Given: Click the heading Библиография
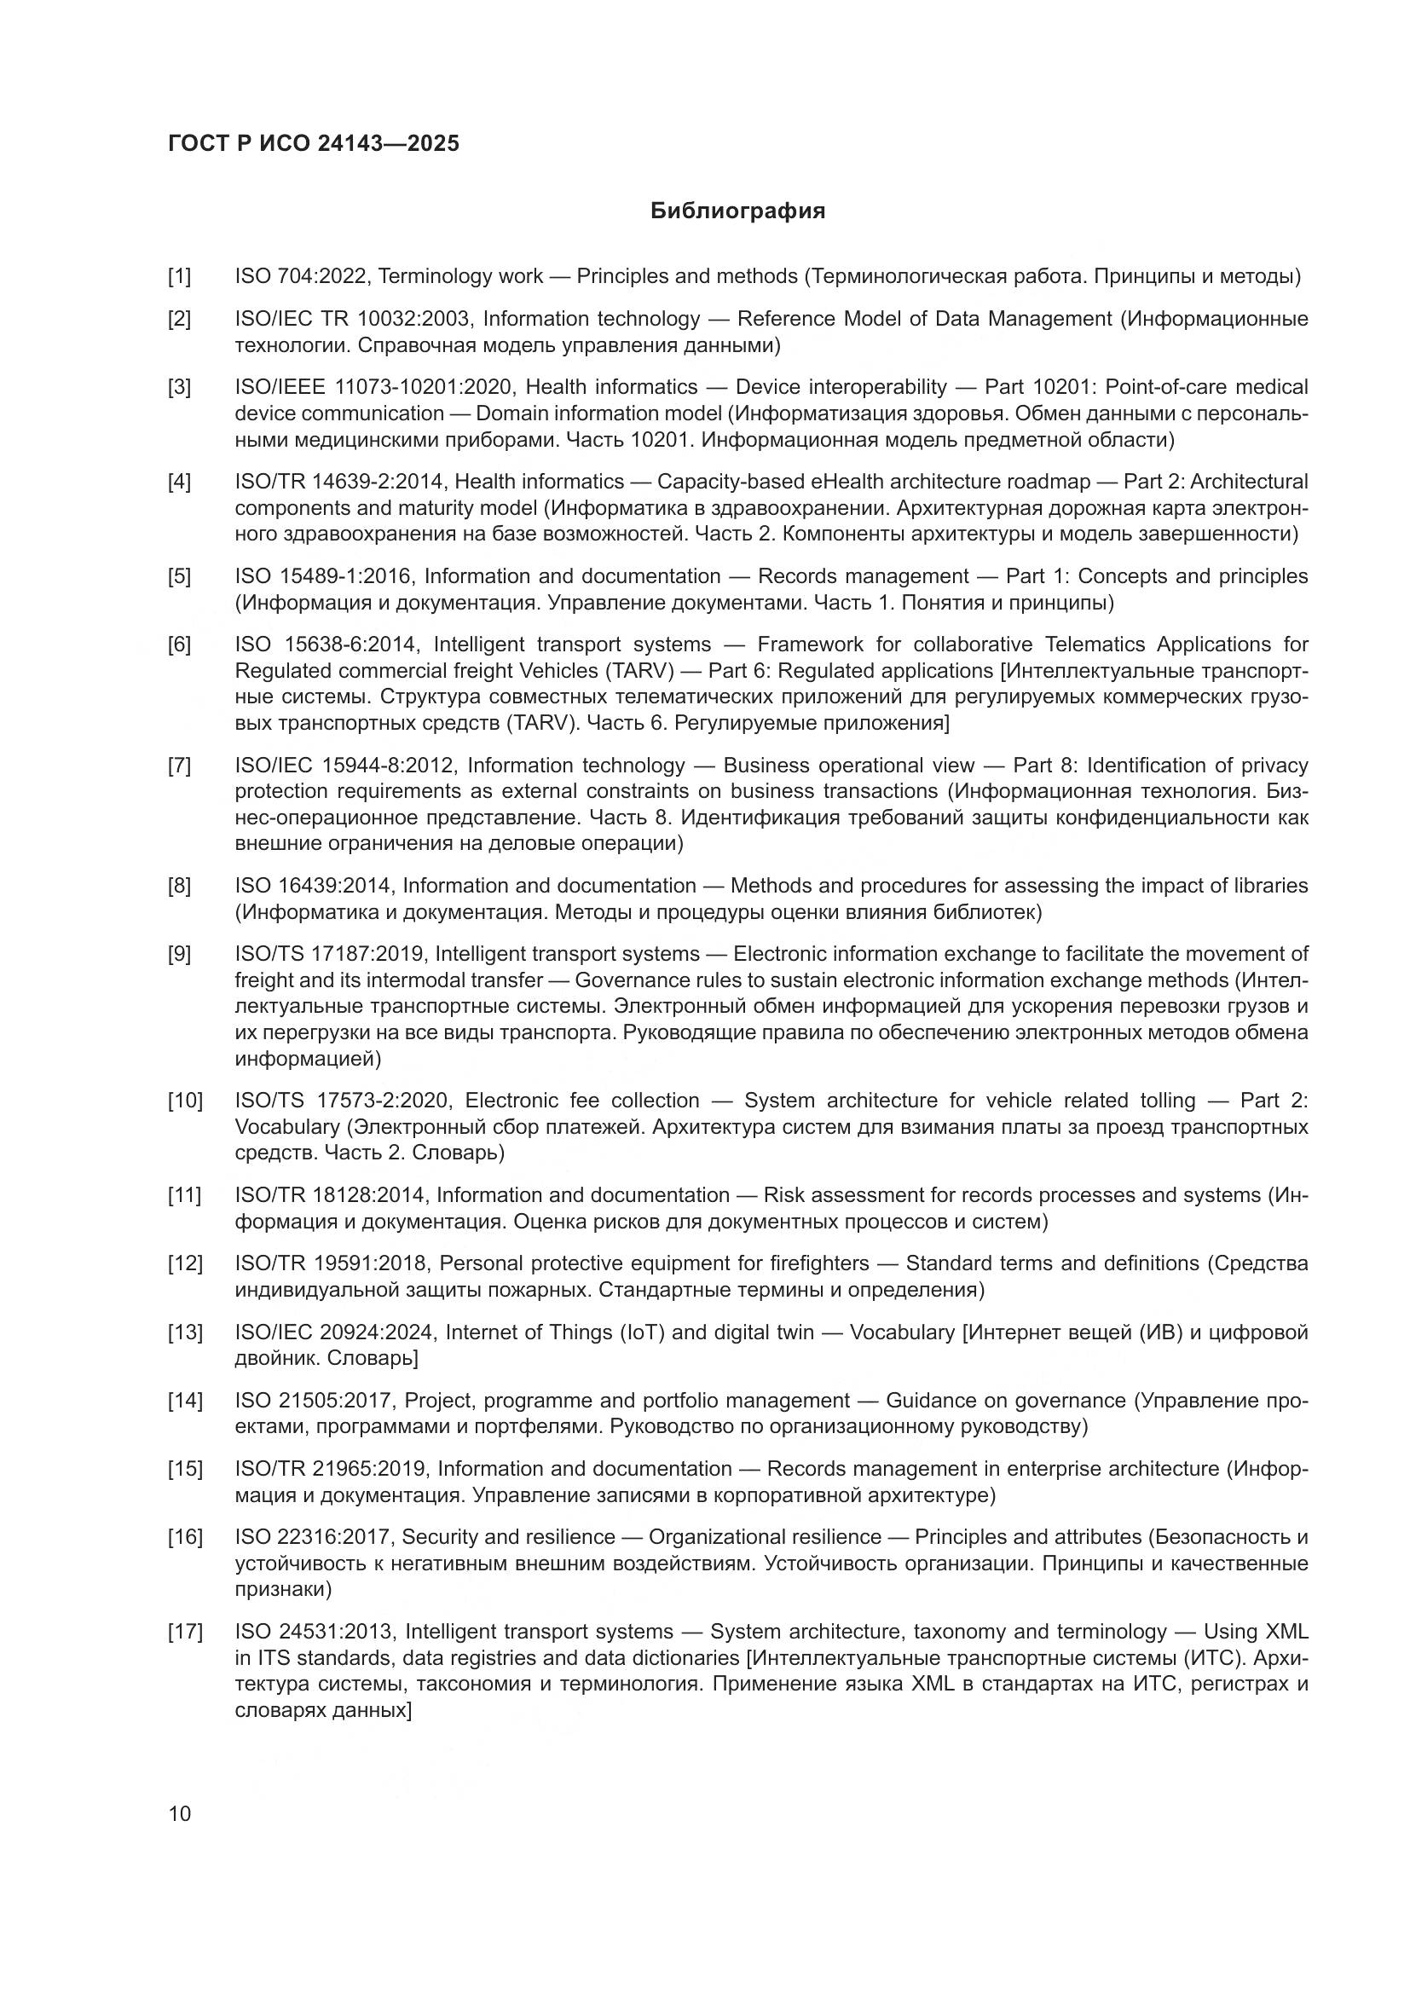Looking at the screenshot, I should pos(737,211).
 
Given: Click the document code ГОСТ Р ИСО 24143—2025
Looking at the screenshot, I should pos(314,144).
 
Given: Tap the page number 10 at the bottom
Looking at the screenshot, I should pos(180,1814).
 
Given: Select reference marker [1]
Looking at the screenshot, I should pos(180,277).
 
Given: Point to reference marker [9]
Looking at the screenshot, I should pos(180,955).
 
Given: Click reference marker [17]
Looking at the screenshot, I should pos(185,1632).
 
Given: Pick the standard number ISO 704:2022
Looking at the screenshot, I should pos(303,277).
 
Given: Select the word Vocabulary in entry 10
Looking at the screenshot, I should pos(286,1127).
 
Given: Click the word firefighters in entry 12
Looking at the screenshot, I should pos(818,1263).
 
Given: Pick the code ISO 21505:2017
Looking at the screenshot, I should pos(314,1401).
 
